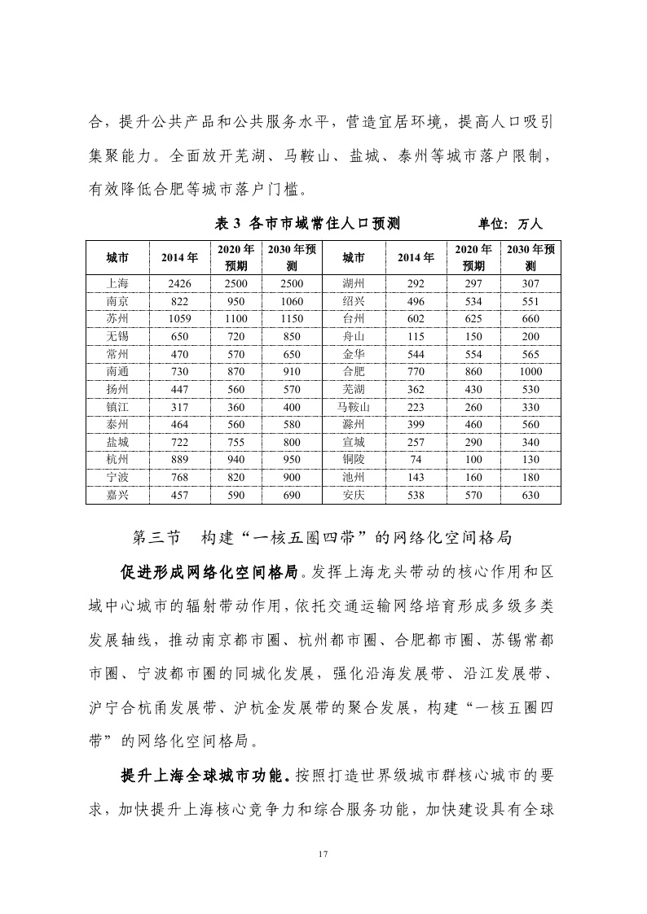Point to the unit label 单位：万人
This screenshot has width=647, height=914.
click(x=515, y=224)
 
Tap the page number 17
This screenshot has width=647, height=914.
click(x=323, y=854)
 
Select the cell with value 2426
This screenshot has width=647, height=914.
click(x=178, y=284)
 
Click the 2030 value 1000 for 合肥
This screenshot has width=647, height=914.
click(x=530, y=372)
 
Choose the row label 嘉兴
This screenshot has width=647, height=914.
click(x=117, y=494)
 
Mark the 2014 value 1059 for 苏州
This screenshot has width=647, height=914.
click(x=178, y=319)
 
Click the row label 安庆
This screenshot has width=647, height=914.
click(x=354, y=494)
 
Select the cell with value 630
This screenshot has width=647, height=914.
click(x=530, y=494)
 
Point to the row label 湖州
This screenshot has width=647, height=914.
click(x=354, y=284)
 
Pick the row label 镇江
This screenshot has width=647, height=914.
click(x=117, y=407)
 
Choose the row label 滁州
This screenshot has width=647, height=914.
click(x=354, y=424)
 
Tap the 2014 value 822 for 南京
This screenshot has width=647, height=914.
click(x=178, y=302)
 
